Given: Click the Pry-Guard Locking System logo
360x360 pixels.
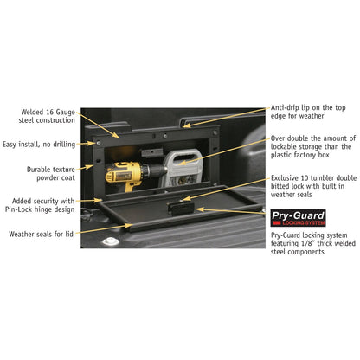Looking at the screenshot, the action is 299,218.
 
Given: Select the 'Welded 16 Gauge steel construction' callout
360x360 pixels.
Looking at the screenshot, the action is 47,116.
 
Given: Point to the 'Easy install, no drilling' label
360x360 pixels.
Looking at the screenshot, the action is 39,145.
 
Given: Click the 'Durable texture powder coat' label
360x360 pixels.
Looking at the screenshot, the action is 51,173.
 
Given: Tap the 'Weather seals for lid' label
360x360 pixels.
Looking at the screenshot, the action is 41,234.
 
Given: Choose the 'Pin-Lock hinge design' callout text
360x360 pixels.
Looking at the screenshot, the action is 40,209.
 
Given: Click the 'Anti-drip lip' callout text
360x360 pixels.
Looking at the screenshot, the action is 308,112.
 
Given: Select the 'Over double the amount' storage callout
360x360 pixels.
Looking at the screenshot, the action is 313,146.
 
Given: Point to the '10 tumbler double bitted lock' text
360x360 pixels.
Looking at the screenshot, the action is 313,186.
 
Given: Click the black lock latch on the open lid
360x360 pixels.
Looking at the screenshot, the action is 180,208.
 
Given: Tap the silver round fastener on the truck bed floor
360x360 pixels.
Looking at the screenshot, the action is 111,241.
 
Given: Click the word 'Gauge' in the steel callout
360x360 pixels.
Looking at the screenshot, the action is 65,112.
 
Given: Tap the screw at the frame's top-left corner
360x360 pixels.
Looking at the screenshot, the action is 99,143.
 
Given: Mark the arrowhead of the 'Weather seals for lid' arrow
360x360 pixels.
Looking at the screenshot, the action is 129,226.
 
